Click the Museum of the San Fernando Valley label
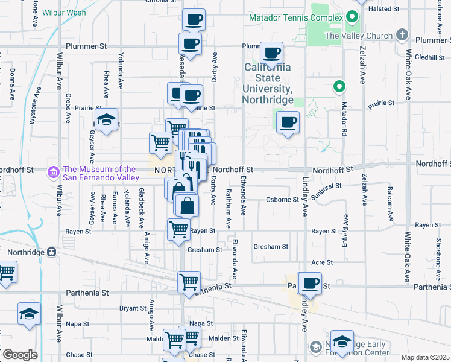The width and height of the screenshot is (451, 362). click(101, 173)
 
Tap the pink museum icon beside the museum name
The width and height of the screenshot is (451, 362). click(54, 173)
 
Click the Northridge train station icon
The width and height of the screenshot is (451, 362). click(52, 252)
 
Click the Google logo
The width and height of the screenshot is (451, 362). click(20, 355)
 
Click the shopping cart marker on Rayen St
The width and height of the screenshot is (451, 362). click(178, 229)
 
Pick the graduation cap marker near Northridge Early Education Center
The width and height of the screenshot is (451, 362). click(342, 341)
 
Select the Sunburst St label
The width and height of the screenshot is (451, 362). click(327, 186)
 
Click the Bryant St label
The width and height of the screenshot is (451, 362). click(128, 308)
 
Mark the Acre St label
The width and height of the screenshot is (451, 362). click(322, 262)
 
